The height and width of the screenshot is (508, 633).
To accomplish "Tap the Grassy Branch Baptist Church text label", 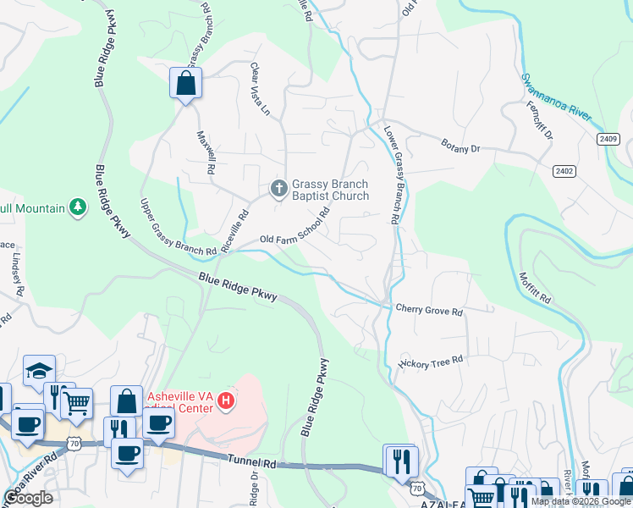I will pyautogui.click(x=331, y=190).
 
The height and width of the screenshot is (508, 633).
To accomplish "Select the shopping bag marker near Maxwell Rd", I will pyautogui.click(x=185, y=84).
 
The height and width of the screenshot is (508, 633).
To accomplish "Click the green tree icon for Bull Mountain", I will pyautogui.click(x=77, y=207).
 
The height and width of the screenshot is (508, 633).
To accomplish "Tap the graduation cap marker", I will pyautogui.click(x=39, y=371).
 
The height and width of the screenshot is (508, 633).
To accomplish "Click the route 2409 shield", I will pyautogui.click(x=608, y=139).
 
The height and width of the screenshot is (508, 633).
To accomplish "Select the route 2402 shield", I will pyautogui.click(x=564, y=171).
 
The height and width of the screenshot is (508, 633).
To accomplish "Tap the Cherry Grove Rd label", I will pyautogui.click(x=429, y=311).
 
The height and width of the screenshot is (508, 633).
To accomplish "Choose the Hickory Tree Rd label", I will pyautogui.click(x=431, y=361).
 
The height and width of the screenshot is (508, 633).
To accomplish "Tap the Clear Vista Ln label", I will pyautogui.click(x=259, y=89).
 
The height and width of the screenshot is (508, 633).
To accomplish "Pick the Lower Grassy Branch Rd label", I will pyautogui.click(x=393, y=175).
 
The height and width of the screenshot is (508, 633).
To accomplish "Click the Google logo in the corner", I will pyautogui.click(x=28, y=498).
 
